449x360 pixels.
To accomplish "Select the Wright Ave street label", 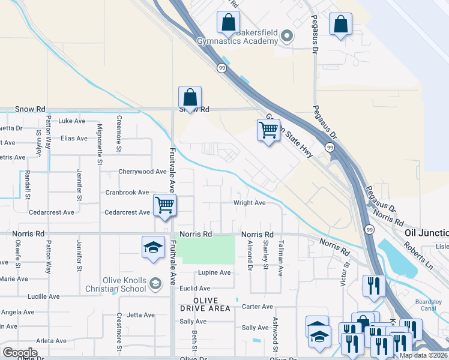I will [x=249, y=203].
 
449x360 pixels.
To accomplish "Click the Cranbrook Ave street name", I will [x=127, y=192].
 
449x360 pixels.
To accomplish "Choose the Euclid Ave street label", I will [x=196, y=289].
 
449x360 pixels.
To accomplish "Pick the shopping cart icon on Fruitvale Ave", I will [x=164, y=205].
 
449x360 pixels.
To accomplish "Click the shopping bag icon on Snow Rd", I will [x=190, y=98].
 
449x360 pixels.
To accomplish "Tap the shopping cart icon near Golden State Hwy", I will [x=268, y=130].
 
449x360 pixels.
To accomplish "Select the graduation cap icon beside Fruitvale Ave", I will [x=153, y=247].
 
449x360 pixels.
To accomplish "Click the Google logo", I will [x=20, y=352].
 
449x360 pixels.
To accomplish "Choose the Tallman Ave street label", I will [x=280, y=258].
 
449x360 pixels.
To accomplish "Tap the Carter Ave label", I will [x=257, y=307].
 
